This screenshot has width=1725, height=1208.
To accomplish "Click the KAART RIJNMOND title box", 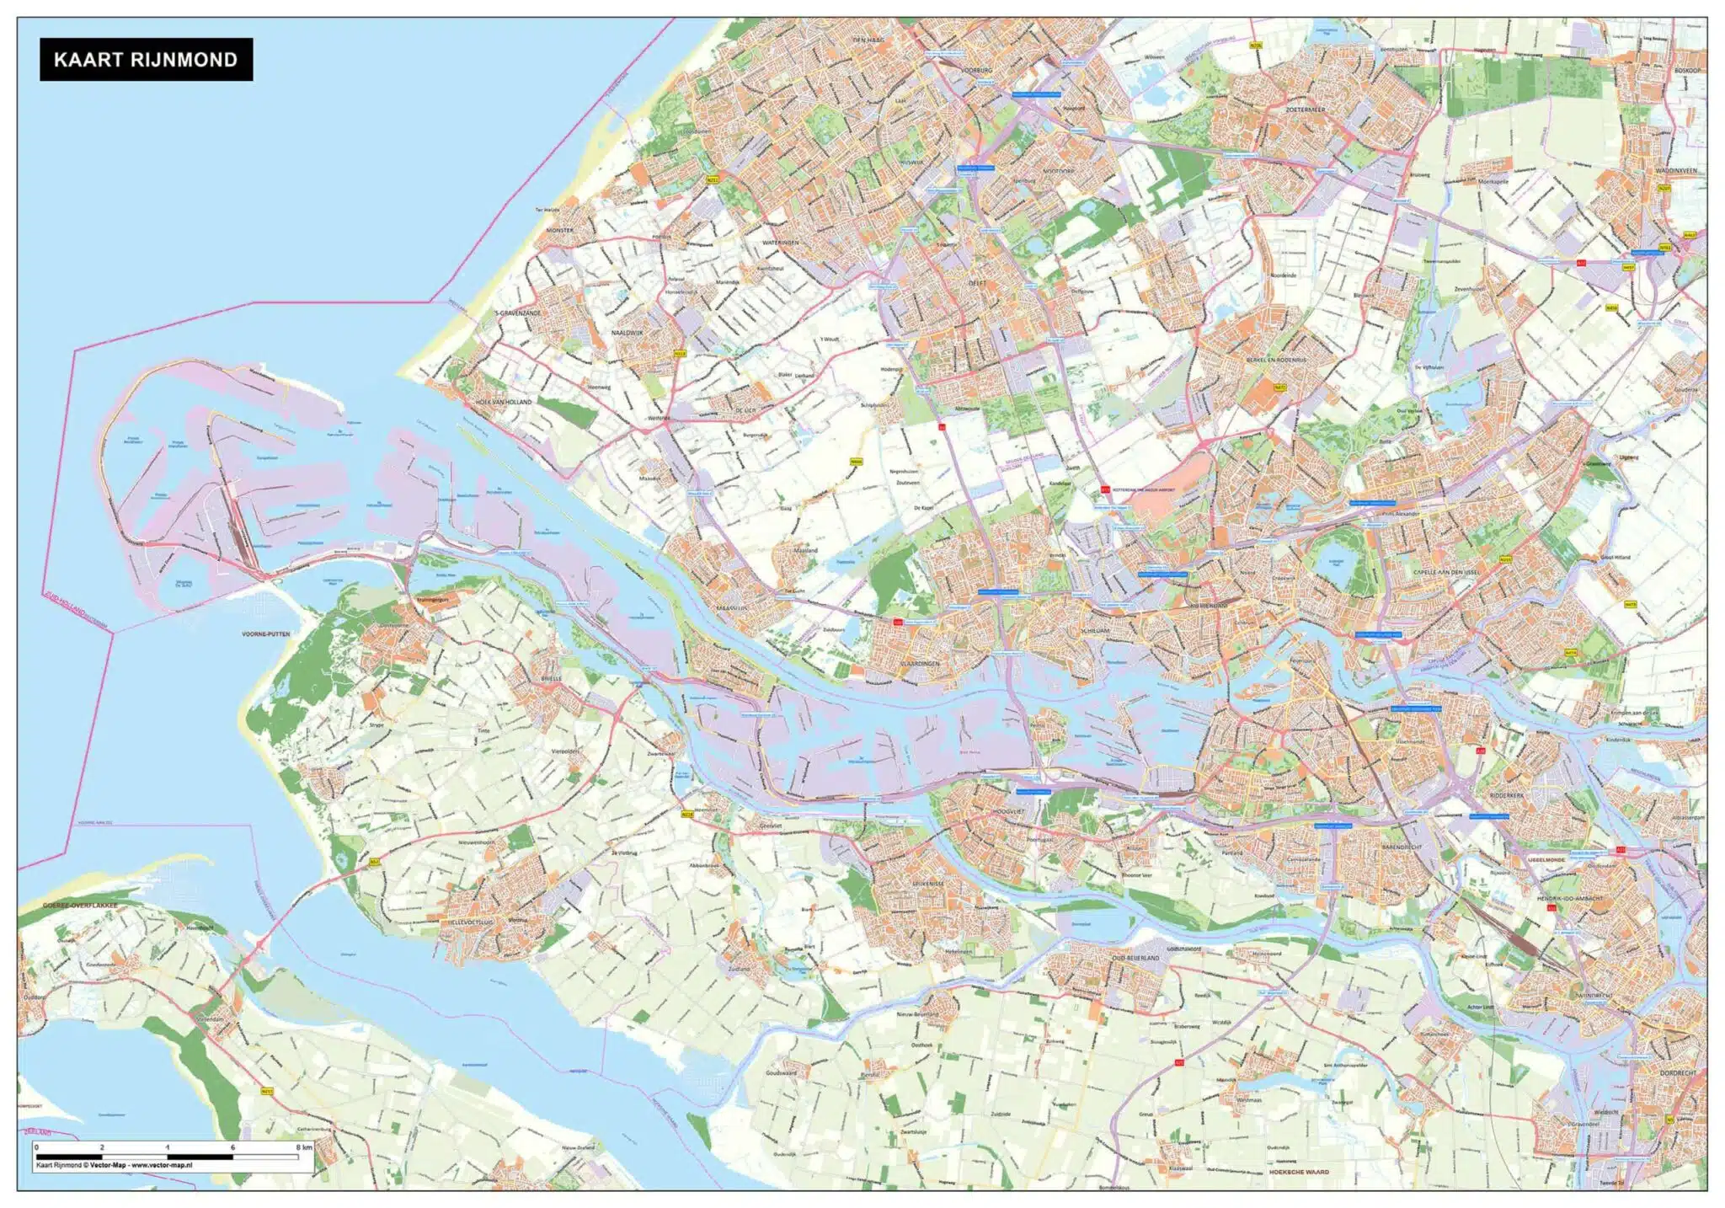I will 146,59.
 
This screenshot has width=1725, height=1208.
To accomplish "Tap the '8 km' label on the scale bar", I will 304,1147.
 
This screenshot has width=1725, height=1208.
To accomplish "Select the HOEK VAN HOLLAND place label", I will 504,403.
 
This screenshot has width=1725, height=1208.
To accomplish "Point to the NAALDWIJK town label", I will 627,333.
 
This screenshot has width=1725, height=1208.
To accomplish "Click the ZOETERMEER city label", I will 1306,110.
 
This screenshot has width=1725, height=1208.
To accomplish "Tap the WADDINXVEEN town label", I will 1676,171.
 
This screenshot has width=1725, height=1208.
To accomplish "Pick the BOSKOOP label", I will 1688,71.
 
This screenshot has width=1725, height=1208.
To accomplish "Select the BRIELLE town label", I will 551,678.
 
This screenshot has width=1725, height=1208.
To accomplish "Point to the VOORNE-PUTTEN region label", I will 265,633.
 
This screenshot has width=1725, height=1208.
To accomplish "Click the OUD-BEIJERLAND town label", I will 1135,958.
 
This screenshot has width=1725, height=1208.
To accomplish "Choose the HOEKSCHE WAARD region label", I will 1298,1172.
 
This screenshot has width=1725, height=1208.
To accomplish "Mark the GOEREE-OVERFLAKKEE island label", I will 81,906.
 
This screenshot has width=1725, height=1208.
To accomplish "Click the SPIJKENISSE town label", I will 928,884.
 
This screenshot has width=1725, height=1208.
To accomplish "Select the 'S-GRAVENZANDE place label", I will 518,313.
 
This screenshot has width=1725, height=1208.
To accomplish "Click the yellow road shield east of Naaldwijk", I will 681,354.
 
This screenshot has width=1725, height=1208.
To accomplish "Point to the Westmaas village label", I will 1249,1100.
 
